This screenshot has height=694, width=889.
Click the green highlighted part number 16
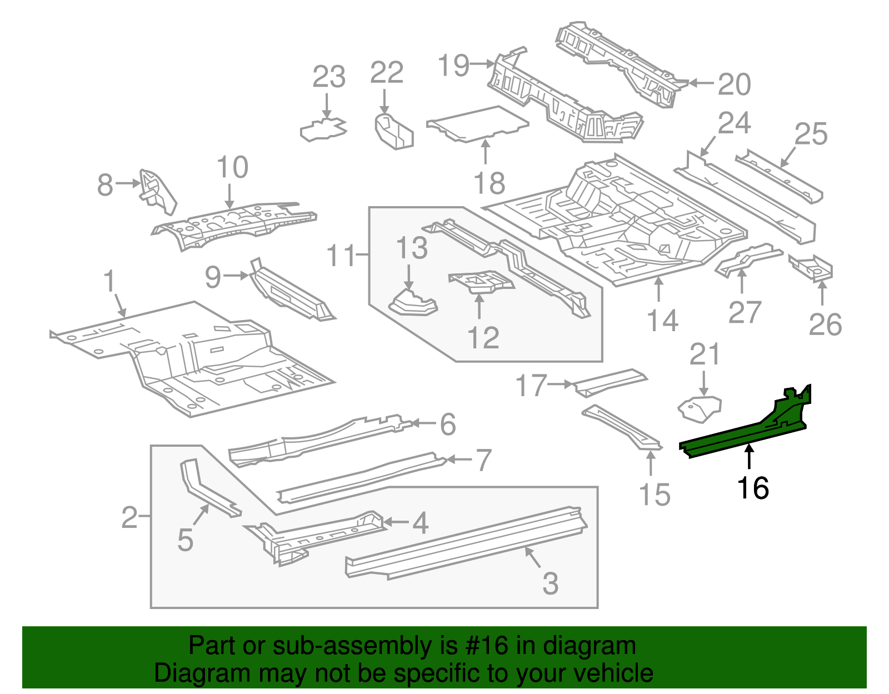[745, 436]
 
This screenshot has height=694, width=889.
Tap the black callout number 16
[752, 488]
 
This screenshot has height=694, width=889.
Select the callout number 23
[329, 77]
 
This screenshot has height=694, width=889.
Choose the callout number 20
[734, 84]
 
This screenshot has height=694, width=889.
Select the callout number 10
[232, 167]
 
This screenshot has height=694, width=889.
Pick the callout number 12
[483, 337]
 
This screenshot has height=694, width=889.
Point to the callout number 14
[663, 321]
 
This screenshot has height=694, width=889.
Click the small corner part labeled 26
[815, 267]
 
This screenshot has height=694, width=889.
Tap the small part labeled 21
[699, 408]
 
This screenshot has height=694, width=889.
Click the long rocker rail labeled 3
[467, 542]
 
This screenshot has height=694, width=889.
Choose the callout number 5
[185, 540]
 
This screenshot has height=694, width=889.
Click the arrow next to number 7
[459, 460]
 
